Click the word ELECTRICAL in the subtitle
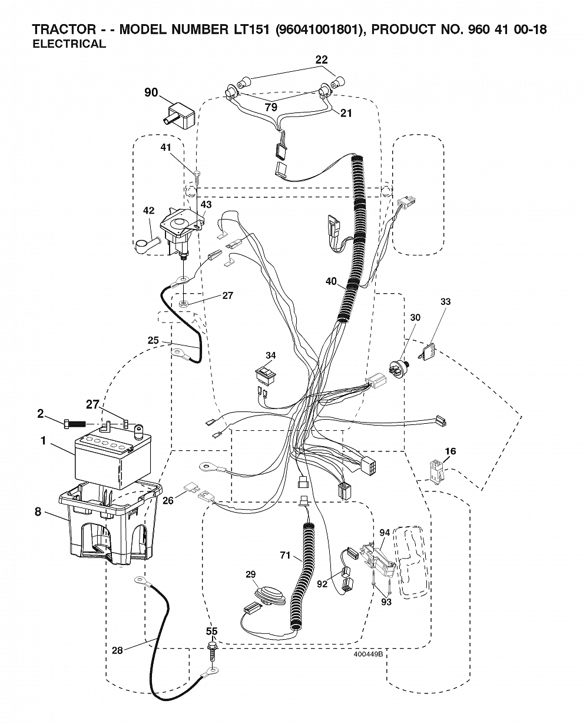tap(69, 44)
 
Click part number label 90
tap(151, 92)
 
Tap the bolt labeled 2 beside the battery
tap(74, 424)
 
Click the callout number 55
tap(212, 631)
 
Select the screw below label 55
tap(213, 651)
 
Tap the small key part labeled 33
tap(427, 351)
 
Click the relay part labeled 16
tap(436, 472)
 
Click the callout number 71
tap(285, 555)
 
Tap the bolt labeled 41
tap(197, 178)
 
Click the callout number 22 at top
tap(322, 59)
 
